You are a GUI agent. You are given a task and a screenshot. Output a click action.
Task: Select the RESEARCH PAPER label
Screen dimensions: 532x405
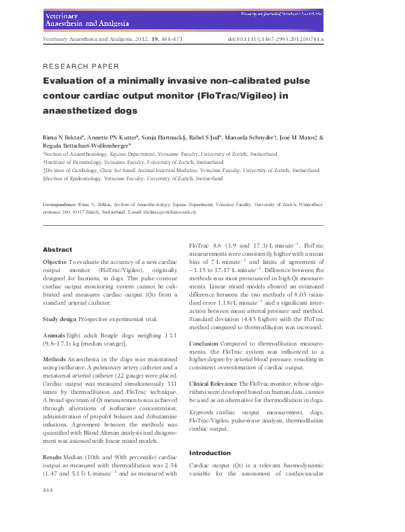[80, 66]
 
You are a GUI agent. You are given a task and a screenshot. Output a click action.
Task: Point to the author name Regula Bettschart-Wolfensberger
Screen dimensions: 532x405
[90, 146]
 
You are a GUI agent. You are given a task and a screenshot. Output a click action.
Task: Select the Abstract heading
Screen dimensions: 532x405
[57, 250]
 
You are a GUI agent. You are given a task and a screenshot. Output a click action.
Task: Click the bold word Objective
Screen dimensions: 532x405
[54, 262]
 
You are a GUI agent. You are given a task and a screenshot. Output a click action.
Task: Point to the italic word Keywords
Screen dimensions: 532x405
[201, 413]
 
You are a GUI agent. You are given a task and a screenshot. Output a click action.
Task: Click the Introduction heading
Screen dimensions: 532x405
[211, 452]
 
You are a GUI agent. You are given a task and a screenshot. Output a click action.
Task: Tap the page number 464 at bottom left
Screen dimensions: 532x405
[48, 509]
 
